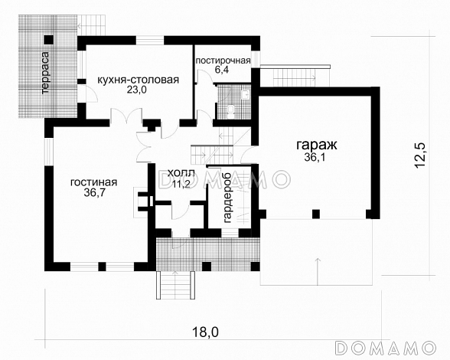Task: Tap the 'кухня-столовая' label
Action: (138, 79)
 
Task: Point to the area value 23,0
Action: (138, 90)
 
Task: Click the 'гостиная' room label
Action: (93, 182)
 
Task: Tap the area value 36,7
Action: (93, 195)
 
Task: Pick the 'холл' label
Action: (176, 175)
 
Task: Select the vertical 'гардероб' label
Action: (228, 198)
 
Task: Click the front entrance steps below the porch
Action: (173, 285)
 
